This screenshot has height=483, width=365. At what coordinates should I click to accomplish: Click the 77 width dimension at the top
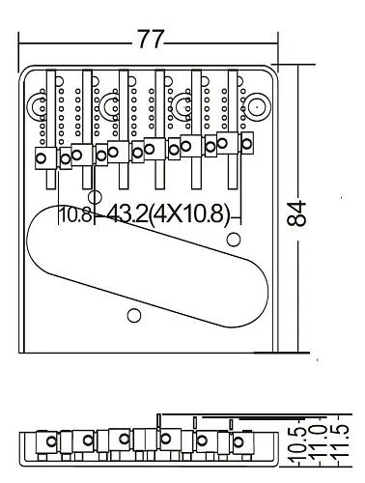click(x=150, y=40)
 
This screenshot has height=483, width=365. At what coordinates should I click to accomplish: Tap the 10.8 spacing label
click(x=75, y=214)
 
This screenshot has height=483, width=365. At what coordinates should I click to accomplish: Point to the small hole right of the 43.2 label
click(x=233, y=238)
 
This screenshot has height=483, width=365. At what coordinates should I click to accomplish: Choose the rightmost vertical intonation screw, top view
click(x=230, y=121)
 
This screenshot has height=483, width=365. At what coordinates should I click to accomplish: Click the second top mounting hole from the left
click(x=113, y=103)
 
